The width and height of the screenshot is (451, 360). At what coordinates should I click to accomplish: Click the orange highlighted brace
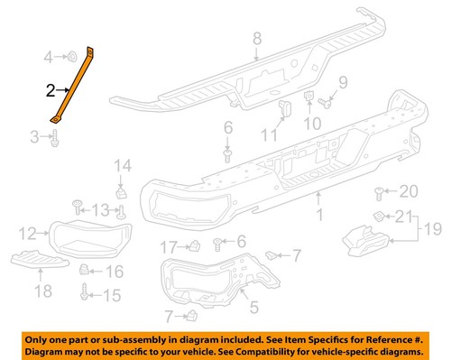point(74,87)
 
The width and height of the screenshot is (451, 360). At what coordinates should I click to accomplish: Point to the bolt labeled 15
point(85,292)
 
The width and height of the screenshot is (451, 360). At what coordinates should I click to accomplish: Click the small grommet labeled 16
point(86,270)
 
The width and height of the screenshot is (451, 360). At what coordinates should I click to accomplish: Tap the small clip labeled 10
point(308,97)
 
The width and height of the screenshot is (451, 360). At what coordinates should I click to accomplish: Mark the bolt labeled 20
point(380,191)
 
